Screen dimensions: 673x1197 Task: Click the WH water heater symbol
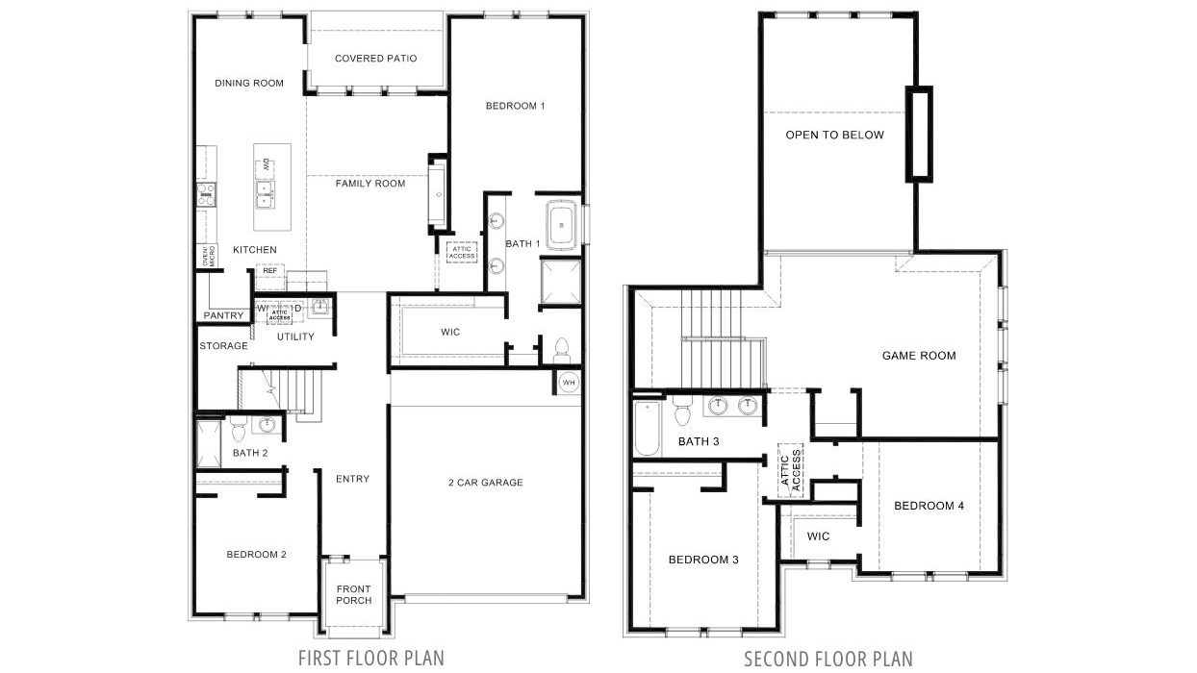(x=568, y=382)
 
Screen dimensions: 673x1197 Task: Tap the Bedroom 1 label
(x=515, y=106)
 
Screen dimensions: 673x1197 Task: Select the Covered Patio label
(x=375, y=59)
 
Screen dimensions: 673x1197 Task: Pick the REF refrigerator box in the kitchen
(x=269, y=271)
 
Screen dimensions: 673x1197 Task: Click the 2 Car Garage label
(x=486, y=483)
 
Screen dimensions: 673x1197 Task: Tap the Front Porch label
(x=353, y=595)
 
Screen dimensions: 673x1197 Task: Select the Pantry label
(x=222, y=315)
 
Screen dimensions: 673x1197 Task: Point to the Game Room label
(x=919, y=356)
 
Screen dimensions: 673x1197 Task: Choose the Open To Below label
(x=834, y=136)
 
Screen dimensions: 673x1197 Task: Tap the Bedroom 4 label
(x=929, y=506)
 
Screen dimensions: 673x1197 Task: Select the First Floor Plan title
(x=370, y=658)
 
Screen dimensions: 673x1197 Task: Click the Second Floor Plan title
(x=828, y=659)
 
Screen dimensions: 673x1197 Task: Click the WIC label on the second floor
(x=818, y=536)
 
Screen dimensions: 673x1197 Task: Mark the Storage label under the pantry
(x=223, y=346)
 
